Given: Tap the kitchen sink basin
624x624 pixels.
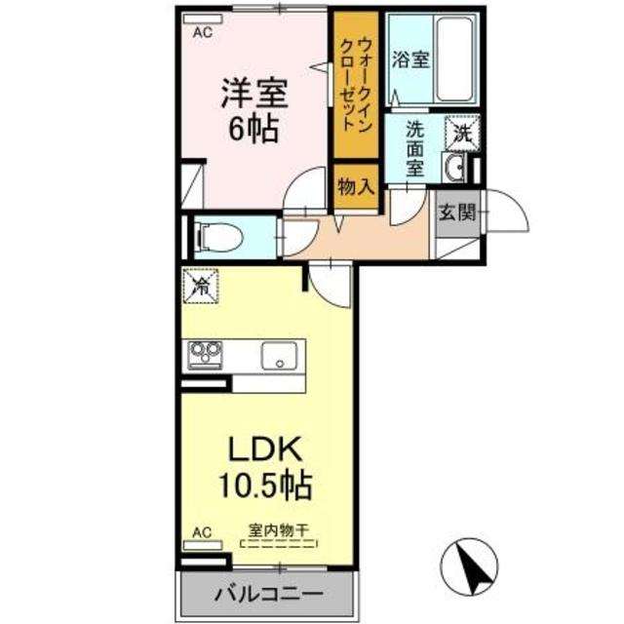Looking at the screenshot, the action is click(279, 355).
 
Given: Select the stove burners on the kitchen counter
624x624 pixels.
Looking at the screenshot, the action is click(205, 355).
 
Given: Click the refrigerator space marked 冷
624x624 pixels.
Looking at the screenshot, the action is click(201, 286).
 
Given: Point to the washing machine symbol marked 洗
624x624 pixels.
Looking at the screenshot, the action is click(462, 134).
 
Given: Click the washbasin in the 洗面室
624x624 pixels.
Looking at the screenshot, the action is click(453, 167).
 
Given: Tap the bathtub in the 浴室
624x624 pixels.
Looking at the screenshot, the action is click(455, 58).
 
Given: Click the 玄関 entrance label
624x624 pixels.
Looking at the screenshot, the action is click(457, 213).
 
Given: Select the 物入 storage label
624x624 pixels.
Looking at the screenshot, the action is click(356, 186).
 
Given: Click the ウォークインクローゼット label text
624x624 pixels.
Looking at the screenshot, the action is click(355, 85).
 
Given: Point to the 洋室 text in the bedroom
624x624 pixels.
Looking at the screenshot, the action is click(254, 94).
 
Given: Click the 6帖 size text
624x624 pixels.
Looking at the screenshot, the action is click(253, 128).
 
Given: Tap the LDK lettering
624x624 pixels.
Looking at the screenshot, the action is click(263, 448).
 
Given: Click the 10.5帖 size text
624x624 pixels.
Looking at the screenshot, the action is click(265, 486).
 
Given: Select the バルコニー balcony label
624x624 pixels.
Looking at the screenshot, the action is click(269, 595).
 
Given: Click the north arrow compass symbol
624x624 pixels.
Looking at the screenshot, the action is click(469, 565).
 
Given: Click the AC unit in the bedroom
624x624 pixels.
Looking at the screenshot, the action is click(203, 19).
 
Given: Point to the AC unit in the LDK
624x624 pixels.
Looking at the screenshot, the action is click(202, 545).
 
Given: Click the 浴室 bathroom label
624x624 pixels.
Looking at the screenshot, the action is click(410, 59).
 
